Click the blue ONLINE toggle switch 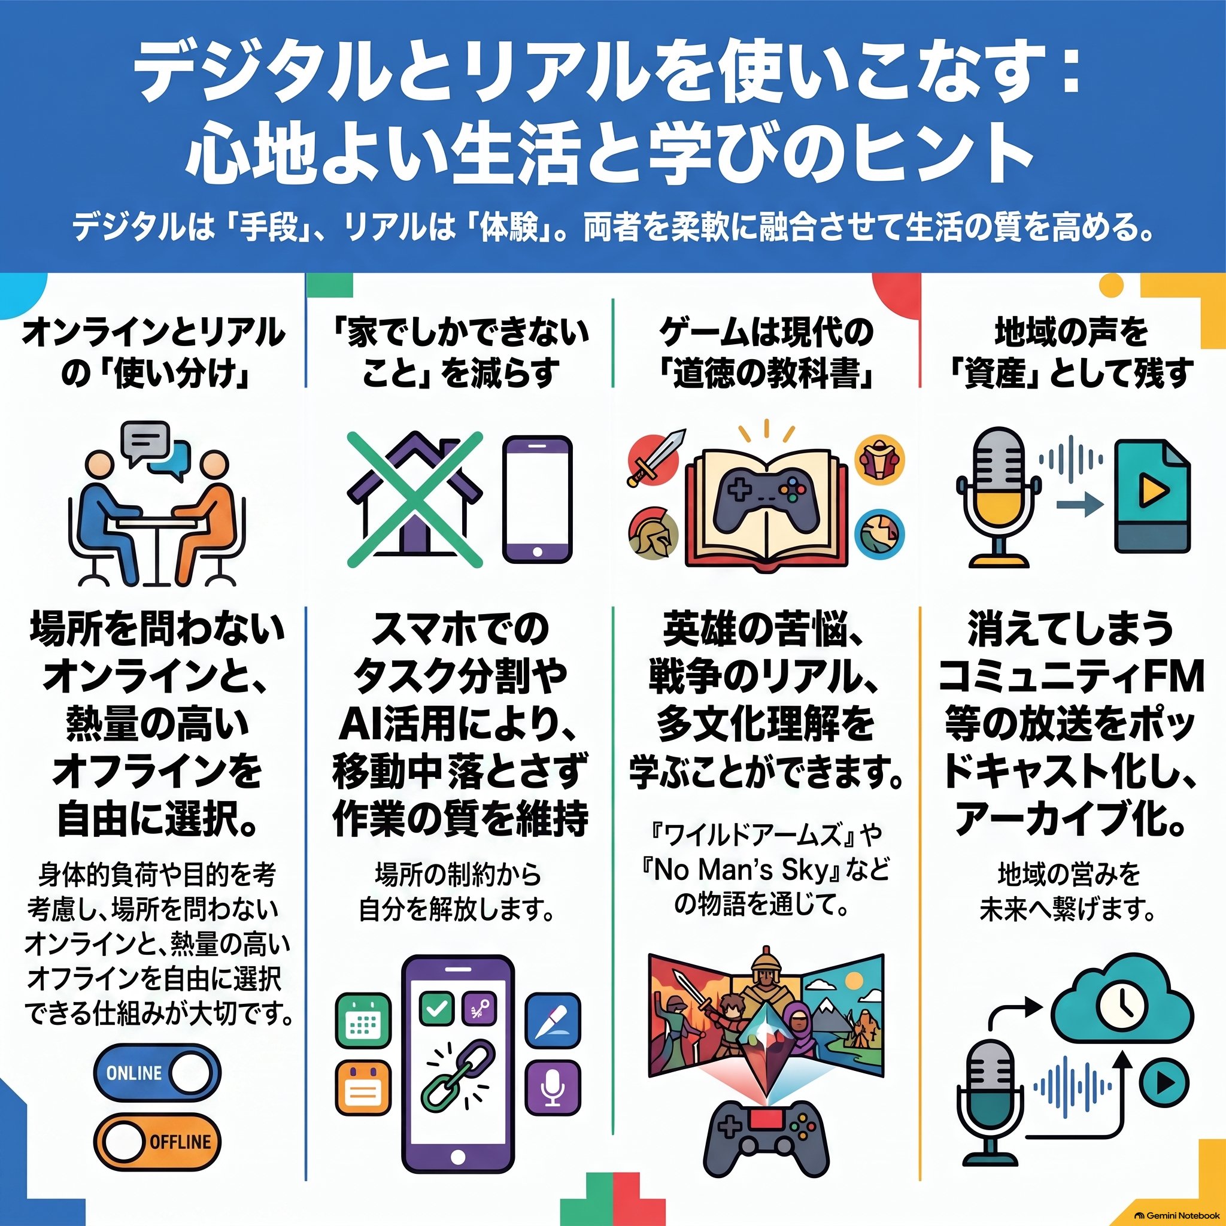coord(157,1072)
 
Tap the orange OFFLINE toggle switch coord(157,1142)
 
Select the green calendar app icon coord(363,1021)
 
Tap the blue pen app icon coord(553,1021)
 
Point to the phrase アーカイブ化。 coord(1072,818)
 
